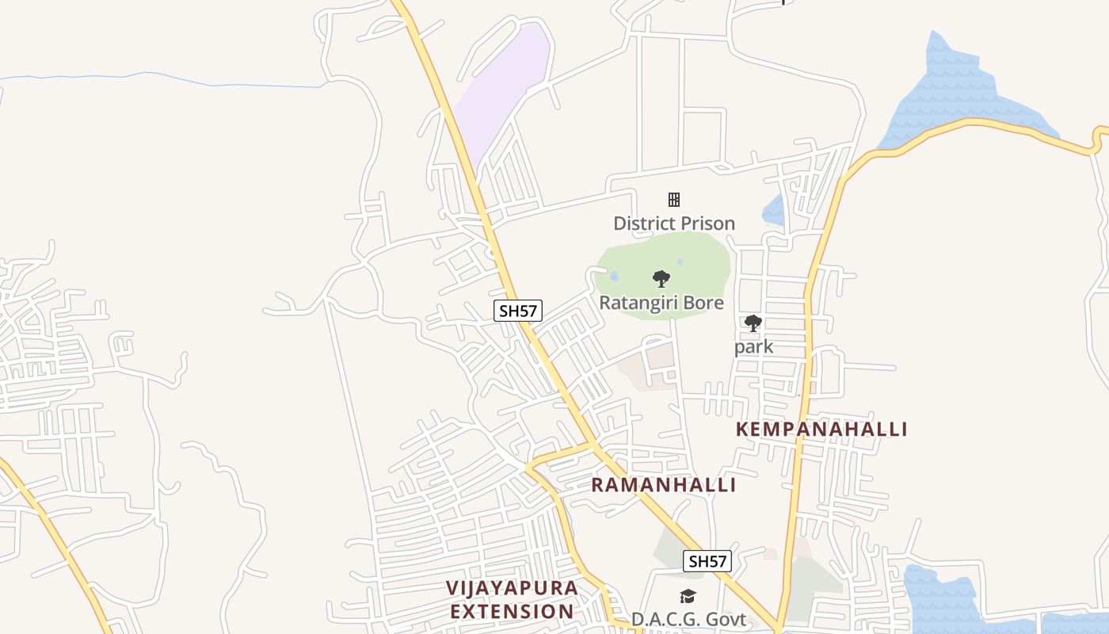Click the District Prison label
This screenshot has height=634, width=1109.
[674, 223]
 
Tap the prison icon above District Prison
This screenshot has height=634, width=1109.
[674, 199]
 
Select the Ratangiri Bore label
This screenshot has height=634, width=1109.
[661, 303]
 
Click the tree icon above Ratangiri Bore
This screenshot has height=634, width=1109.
[661, 278]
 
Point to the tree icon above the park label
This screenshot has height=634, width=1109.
[753, 323]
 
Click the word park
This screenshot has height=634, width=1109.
[753, 347]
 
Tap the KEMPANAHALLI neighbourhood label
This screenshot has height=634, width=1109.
[821, 430]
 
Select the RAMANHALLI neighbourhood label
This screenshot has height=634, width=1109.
[664, 485]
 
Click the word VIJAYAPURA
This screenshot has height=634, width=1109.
[512, 588]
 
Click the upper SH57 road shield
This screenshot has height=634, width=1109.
[518, 311]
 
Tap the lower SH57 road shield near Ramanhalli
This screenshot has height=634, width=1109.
[707, 562]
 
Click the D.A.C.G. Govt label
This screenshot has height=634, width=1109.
[688, 620]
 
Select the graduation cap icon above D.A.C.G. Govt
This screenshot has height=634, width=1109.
[688, 597]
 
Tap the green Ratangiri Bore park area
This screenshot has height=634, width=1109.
[697, 262]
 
